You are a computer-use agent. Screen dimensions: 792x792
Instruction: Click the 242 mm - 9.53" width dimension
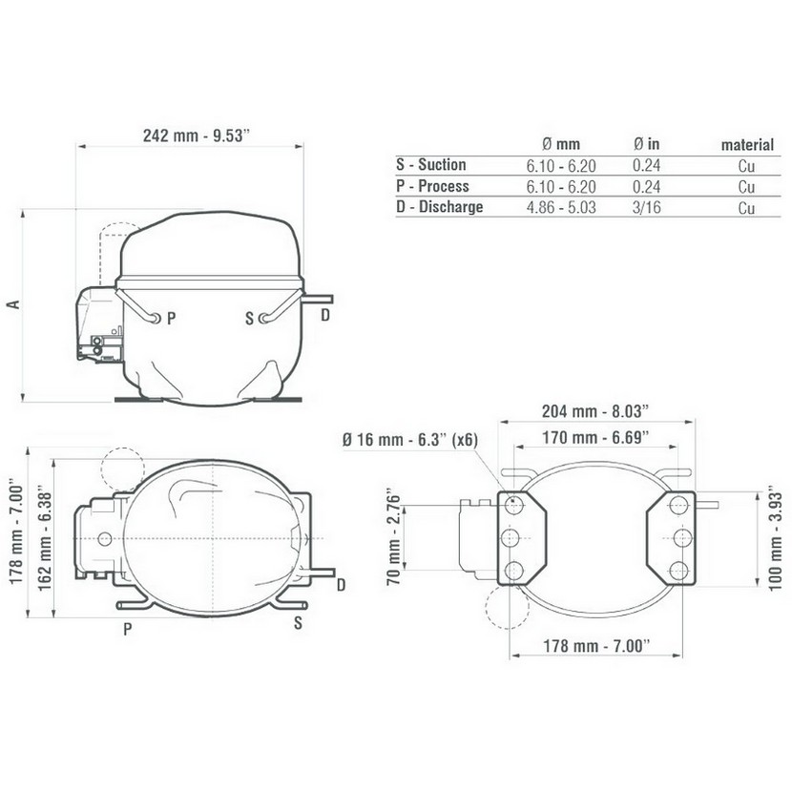197,135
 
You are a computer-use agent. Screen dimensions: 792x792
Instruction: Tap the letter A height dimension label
14,304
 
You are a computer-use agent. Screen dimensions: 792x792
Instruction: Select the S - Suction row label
431,165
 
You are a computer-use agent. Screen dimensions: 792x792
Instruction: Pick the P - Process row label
432,186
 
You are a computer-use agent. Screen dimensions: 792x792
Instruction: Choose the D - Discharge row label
440,206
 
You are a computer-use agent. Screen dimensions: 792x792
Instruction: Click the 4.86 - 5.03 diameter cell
561,207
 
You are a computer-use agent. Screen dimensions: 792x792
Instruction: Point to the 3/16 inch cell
647,207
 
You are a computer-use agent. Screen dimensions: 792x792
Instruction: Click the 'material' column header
747,145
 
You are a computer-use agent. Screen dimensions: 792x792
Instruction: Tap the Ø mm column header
561,144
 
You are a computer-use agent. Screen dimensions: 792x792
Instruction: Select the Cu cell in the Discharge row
746,208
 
